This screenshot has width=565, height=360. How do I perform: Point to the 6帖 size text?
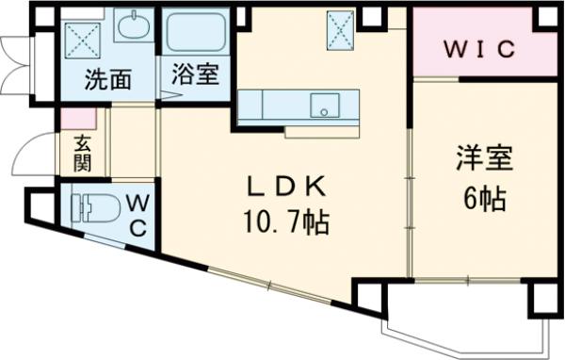[483, 198]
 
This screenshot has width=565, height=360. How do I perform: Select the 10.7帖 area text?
[286, 223]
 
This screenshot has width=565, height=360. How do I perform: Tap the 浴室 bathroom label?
[195, 75]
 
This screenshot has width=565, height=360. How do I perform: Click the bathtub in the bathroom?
[196, 34]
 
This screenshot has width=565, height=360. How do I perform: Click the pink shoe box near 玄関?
[78, 120]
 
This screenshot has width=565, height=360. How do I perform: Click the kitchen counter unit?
[298, 106]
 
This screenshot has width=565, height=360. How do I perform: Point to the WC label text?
[137, 215]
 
